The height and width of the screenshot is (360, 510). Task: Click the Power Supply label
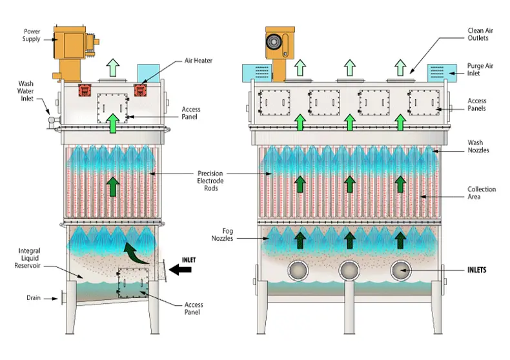pyautogui.click(x=32, y=35)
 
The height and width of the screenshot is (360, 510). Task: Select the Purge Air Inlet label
pyautogui.click(x=481, y=70)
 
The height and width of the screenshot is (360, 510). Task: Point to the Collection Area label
pyautogui.click(x=482, y=193)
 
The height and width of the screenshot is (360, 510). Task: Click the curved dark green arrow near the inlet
pyautogui.click(x=135, y=251)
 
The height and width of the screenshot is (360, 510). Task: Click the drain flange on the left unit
pyautogui.click(x=63, y=297)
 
